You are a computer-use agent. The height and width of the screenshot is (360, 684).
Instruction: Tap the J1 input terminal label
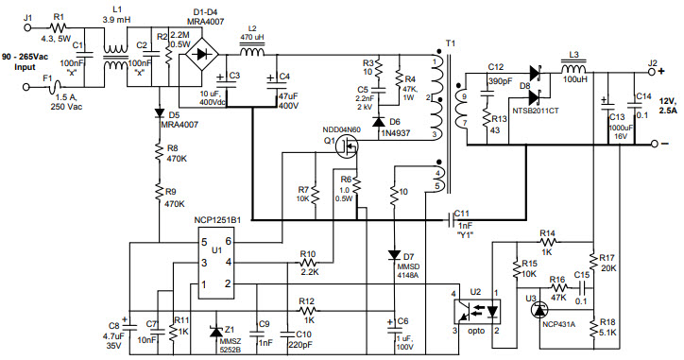[26, 18]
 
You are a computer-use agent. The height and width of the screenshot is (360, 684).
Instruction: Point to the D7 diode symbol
[394, 255]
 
